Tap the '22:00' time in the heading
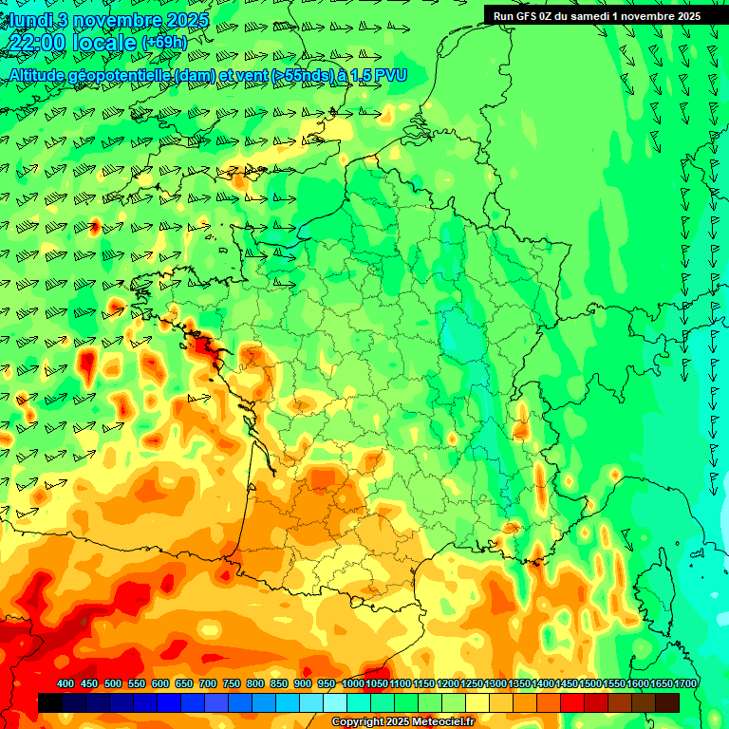(x=38, y=43)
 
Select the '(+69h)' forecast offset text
(x=163, y=43)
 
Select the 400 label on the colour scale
(x=65, y=684)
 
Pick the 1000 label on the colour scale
(x=352, y=684)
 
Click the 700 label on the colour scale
(x=208, y=684)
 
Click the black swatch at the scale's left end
(x=50, y=702)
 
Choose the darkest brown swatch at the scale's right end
(x=667, y=702)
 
